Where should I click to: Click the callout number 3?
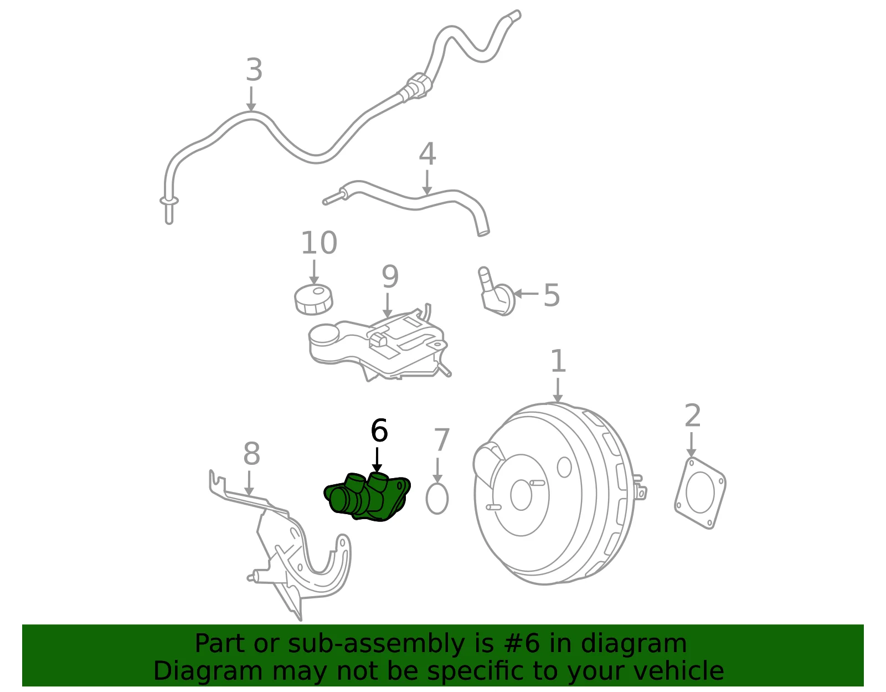(x=254, y=70)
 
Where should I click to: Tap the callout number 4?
(x=427, y=154)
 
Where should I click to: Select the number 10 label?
(x=319, y=243)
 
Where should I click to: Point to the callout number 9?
(x=390, y=277)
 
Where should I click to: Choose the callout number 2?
(x=693, y=416)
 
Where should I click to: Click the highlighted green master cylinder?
(x=367, y=496)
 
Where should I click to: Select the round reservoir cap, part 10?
(x=313, y=299)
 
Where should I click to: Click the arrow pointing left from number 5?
(x=526, y=293)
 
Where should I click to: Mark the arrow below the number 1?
(x=558, y=390)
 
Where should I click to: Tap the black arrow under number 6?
(x=377, y=460)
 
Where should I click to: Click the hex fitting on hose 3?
(x=414, y=88)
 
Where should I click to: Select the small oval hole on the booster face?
(x=564, y=467)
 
